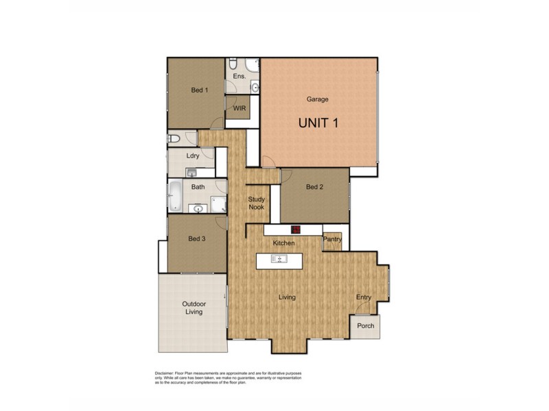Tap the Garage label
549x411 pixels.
pyautogui.click(x=318, y=99)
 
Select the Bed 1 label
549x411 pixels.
pyautogui.click(x=199, y=90)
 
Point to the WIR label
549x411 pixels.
pyautogui.click(x=240, y=108)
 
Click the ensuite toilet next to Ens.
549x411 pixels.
pyautogui.click(x=233, y=62)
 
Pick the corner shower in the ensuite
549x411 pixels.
pyautogui.click(x=252, y=66)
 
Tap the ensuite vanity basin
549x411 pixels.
pyautogui.click(x=255, y=86)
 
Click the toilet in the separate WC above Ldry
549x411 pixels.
pyautogui.click(x=174, y=139)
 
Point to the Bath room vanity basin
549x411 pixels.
pyautogui.click(x=199, y=208)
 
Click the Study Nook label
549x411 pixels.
pyautogui.click(x=257, y=203)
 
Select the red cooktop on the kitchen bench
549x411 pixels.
pyautogui.click(x=297, y=231)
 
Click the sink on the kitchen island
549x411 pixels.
pyautogui.click(x=279, y=259)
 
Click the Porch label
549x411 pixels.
pyautogui.click(x=366, y=325)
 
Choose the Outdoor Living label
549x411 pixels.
pyautogui.click(x=194, y=308)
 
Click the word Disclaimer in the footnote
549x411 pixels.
pyautogui.click(x=167, y=373)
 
